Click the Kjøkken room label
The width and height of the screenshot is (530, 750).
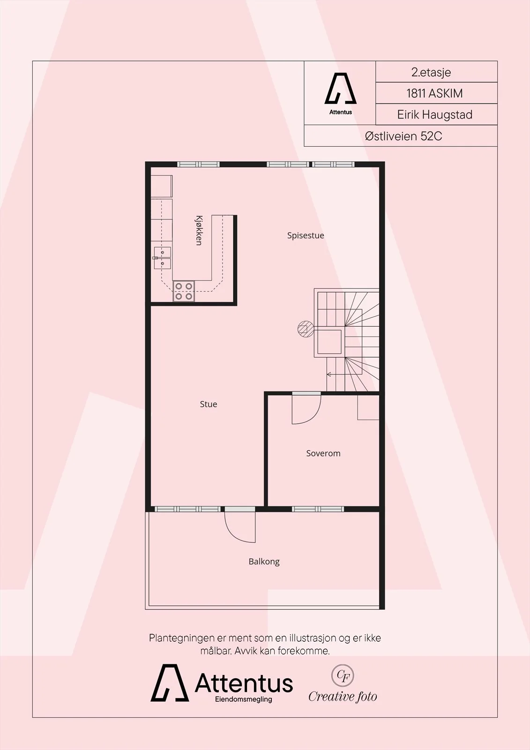tap(199, 230)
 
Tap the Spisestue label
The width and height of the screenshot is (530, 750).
tap(306, 235)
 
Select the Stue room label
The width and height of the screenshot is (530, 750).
tap(208, 404)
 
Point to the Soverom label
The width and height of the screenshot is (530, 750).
tap(323, 453)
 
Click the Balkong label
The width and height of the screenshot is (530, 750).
tap(264, 562)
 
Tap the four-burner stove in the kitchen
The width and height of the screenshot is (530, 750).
tap(184, 291)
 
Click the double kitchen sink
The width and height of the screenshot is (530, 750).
tap(163, 258)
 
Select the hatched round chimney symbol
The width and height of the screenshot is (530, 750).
tap(306, 329)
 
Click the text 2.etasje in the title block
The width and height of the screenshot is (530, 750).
tap(431, 72)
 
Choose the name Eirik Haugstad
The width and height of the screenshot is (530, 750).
tap(434, 114)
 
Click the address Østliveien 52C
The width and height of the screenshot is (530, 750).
tap(403, 136)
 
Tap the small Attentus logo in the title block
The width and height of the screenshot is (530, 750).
tap(340, 94)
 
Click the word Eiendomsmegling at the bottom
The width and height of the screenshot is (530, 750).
tap(243, 699)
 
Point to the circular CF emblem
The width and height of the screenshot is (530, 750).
tap(343, 675)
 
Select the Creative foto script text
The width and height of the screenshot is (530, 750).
tap(343, 697)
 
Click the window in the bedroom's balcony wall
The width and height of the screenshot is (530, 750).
tap(318, 509)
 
